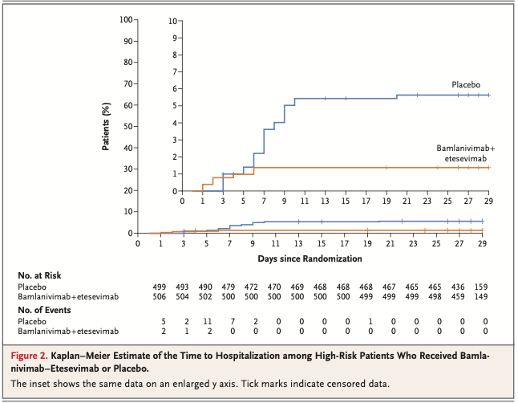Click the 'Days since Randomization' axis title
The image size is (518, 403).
(x=310, y=258)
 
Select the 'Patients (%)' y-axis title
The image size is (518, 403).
(x=107, y=126)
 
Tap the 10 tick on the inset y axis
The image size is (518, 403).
(x=174, y=19)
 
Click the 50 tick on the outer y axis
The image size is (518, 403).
(x=128, y=126)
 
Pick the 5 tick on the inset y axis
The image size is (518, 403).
(x=176, y=105)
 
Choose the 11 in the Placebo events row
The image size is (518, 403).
(x=207, y=320)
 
